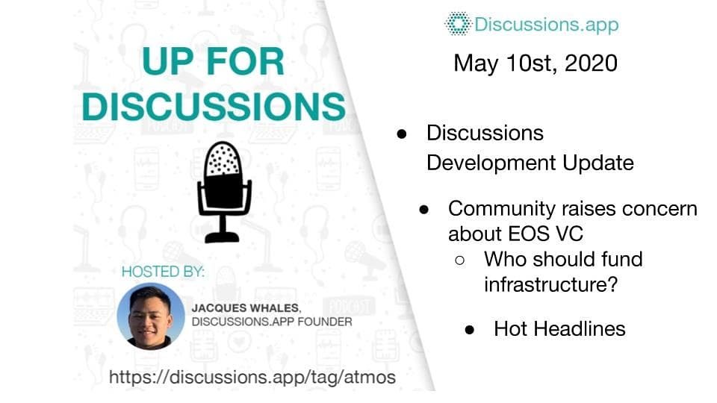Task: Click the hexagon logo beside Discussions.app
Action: click(x=458, y=24)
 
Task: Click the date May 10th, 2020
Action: click(x=536, y=63)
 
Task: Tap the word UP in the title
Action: click(x=168, y=61)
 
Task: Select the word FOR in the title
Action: click(x=246, y=61)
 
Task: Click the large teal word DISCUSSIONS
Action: click(x=214, y=107)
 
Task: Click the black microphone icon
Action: click(x=224, y=192)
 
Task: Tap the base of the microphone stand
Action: click(x=223, y=237)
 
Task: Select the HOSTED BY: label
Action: click(x=163, y=272)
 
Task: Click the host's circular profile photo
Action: click(x=151, y=316)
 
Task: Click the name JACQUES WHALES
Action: click(x=246, y=308)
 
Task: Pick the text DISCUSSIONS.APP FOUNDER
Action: click(x=272, y=322)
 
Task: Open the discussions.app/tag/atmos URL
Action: click(x=252, y=378)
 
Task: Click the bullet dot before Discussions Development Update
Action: click(x=402, y=134)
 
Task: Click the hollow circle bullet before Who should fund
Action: click(x=460, y=260)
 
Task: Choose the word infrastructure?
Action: click(x=551, y=284)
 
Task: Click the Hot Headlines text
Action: click(x=559, y=329)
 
